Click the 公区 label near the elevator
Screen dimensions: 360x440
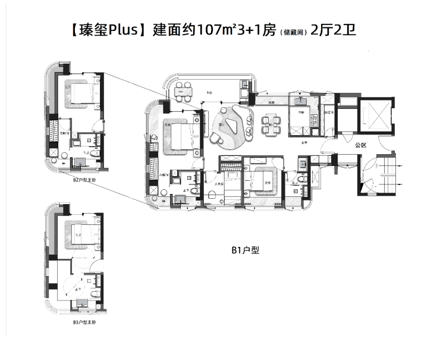click(x=360, y=145)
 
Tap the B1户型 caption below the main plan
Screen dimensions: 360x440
click(x=244, y=251)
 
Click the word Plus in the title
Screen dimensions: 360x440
click(x=123, y=30)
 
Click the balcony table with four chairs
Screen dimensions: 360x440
click(x=186, y=92)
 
